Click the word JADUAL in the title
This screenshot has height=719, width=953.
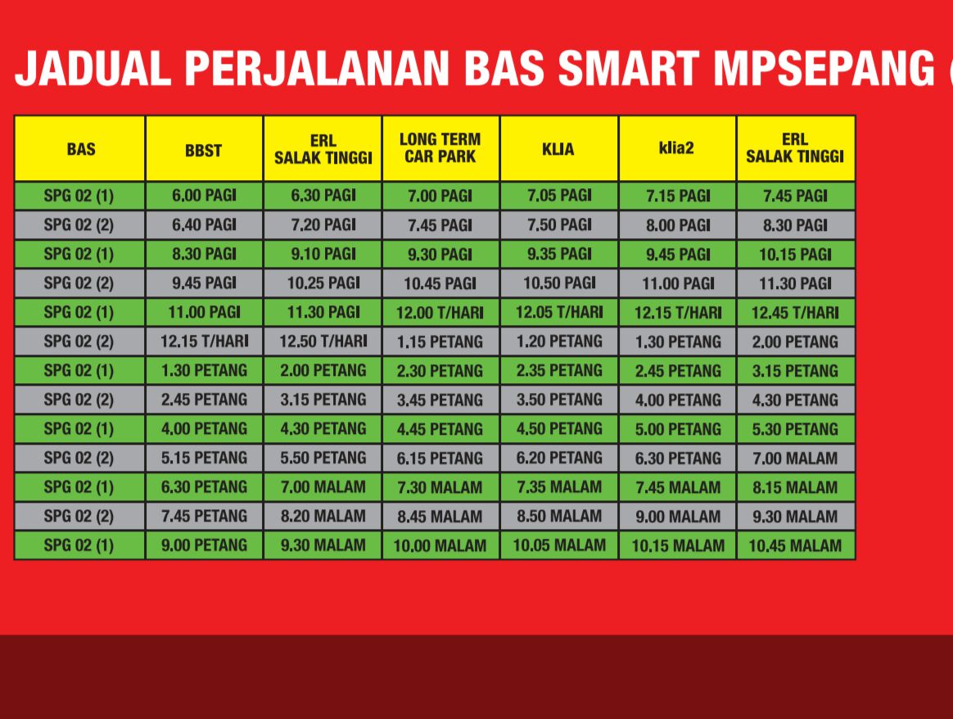coord(93,68)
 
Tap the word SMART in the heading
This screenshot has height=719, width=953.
coord(629,68)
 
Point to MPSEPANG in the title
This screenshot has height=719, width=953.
coord(824,68)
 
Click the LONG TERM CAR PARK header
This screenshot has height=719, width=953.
coord(440,148)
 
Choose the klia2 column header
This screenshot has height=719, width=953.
coord(676,148)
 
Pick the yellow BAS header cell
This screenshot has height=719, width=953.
coord(80,149)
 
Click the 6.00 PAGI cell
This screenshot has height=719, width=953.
coord(204,196)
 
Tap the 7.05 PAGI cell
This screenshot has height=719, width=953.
coord(558,196)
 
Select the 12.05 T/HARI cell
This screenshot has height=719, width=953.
coord(558,312)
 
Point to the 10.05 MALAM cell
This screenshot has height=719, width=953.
coord(558,545)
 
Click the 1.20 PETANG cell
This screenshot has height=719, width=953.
coord(558,341)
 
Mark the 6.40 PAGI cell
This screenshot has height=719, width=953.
coord(204,225)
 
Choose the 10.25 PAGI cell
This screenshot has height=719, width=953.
coord(323,283)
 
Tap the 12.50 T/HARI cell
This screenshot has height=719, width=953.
coord(323,341)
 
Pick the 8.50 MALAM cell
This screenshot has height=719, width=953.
coord(558,516)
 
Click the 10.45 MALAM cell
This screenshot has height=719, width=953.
coord(795,545)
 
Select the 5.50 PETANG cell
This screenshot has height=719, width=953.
coord(323,458)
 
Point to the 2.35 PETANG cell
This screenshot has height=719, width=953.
coord(558,371)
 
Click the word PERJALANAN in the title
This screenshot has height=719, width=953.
coord(316,68)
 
